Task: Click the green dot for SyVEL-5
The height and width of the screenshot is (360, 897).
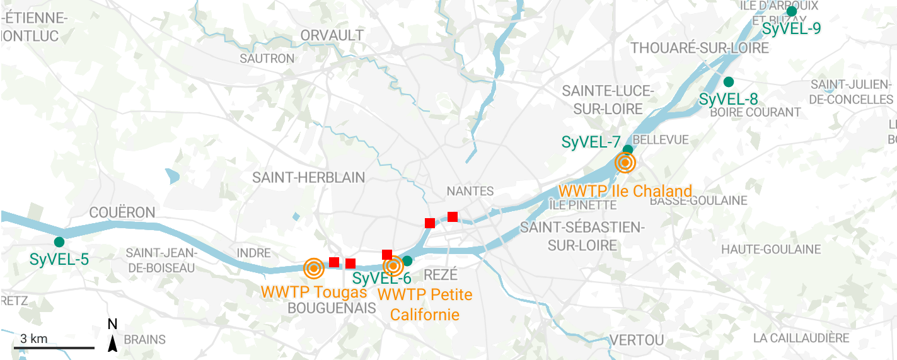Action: coord(59,242)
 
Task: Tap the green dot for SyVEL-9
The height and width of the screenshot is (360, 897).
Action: coord(792,11)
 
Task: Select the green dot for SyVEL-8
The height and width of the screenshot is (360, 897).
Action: coord(729,82)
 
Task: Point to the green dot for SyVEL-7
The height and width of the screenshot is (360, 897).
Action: coord(628,150)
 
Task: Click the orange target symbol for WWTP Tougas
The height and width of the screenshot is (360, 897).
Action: coord(313,269)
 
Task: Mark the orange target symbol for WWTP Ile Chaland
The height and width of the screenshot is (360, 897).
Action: coord(625,163)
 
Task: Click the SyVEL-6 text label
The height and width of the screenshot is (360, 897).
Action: coord(381,279)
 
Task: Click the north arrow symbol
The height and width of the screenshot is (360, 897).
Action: coord(113,343)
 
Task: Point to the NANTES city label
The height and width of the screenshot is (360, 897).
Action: coord(470,191)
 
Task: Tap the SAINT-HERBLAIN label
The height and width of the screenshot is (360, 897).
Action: coord(308,178)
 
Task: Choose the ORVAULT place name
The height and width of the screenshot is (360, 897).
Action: coord(332,35)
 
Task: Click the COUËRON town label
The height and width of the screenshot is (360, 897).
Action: coord(122,212)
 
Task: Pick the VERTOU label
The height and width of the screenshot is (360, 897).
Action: coord(637,340)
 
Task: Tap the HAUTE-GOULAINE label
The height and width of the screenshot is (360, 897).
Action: coord(771,250)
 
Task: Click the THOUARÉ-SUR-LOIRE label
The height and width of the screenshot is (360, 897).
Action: coord(700,49)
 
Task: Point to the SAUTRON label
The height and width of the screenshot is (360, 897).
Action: coord(267,59)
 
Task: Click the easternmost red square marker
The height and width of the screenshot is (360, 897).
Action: coord(452,217)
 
